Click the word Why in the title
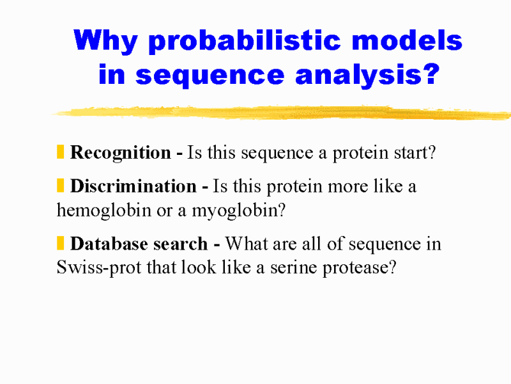click(105, 42)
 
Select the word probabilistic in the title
click(245, 42)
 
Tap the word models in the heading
click(407, 40)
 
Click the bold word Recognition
click(121, 153)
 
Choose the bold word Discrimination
click(133, 186)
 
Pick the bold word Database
click(107, 244)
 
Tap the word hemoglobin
click(104, 210)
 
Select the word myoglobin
click(238, 211)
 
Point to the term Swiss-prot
click(99, 268)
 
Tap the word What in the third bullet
click(247, 244)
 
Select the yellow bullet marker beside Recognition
click(60, 152)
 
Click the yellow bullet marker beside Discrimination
click(60, 185)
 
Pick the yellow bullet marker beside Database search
click(60, 243)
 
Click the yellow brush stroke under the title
click(282, 113)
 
